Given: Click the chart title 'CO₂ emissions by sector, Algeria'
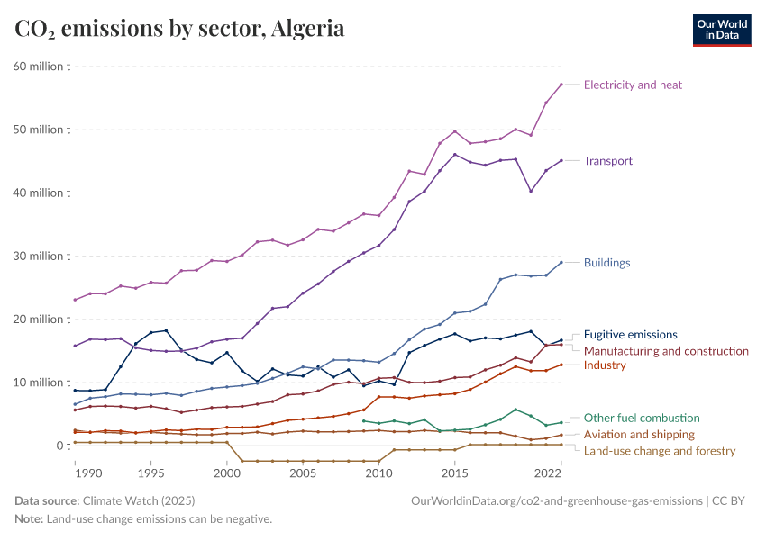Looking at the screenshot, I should [x=179, y=29].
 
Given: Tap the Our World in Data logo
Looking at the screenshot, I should [x=721, y=29].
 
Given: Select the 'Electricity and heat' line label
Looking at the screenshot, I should [x=633, y=85].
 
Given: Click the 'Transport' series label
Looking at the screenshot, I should [x=608, y=161].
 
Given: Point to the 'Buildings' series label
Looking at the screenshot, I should [x=606, y=263].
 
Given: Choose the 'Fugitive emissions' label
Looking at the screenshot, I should [x=631, y=334].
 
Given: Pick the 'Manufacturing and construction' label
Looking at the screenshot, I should [x=666, y=350].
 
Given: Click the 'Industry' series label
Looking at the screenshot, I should [x=605, y=364].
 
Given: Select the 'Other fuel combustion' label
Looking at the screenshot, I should [x=642, y=418].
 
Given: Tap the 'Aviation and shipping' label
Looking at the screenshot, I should [x=639, y=434].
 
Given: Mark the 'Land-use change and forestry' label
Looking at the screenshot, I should [x=660, y=450].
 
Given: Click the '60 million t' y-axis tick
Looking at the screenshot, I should [x=42, y=67].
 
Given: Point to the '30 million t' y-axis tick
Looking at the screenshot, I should [x=42, y=256].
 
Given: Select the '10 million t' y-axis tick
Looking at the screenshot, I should [x=42, y=382].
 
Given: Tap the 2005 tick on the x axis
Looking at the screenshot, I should [x=303, y=472].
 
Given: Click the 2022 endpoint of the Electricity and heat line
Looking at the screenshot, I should [x=561, y=85].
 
